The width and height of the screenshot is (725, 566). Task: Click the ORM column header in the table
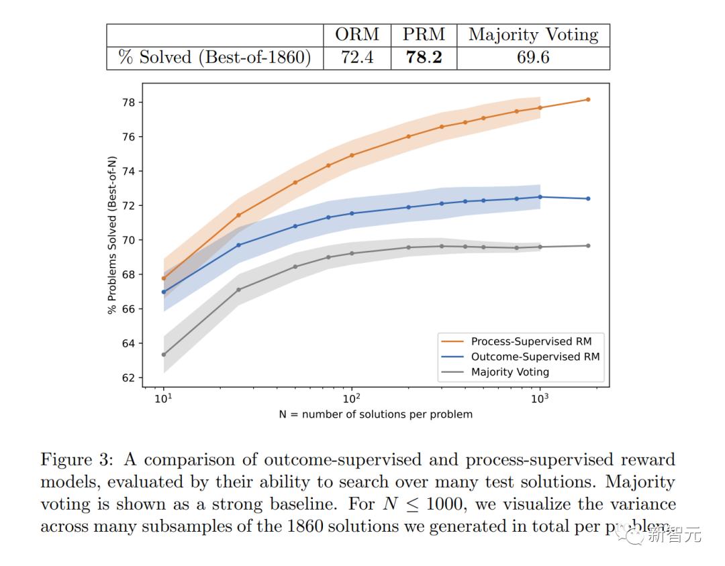(357, 35)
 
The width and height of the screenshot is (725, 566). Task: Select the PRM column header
(424, 35)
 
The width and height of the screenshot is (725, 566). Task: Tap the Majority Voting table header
(533, 35)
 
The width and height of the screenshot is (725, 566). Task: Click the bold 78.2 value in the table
(424, 58)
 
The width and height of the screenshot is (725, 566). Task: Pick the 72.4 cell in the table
(357, 58)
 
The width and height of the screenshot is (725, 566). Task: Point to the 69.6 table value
(533, 58)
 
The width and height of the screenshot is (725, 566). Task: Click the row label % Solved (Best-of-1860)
(215, 58)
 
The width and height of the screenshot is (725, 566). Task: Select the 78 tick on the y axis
(128, 103)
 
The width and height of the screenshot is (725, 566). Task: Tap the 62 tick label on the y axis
(128, 378)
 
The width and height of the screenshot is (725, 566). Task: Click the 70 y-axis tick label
(128, 240)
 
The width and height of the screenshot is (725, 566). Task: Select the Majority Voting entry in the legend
(510, 372)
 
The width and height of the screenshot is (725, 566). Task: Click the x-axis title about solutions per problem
(375, 414)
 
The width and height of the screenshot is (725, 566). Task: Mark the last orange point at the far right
(588, 99)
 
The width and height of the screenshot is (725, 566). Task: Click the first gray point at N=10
(164, 354)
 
